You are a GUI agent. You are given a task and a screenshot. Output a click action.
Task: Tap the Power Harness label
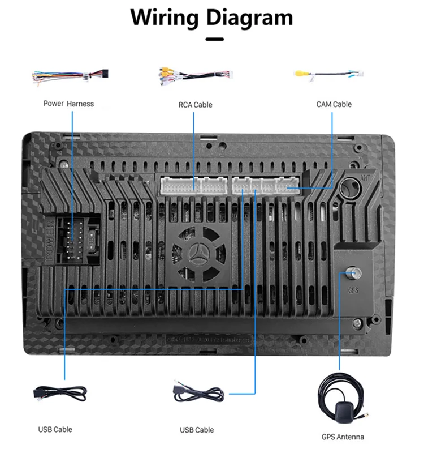(68, 104)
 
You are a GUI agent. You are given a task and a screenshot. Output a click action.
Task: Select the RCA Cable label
(195, 104)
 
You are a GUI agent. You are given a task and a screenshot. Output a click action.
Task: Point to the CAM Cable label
(334, 104)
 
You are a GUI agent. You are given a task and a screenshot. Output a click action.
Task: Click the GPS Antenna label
(343, 437)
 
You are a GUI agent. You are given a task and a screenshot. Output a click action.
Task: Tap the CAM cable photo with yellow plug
(328, 74)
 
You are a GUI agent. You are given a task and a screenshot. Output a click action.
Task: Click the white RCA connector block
(193, 185)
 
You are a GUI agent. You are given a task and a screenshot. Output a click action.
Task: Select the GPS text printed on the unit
(354, 290)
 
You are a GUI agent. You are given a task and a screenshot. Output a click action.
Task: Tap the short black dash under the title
(214, 39)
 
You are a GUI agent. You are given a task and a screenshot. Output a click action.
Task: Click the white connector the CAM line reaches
(288, 185)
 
